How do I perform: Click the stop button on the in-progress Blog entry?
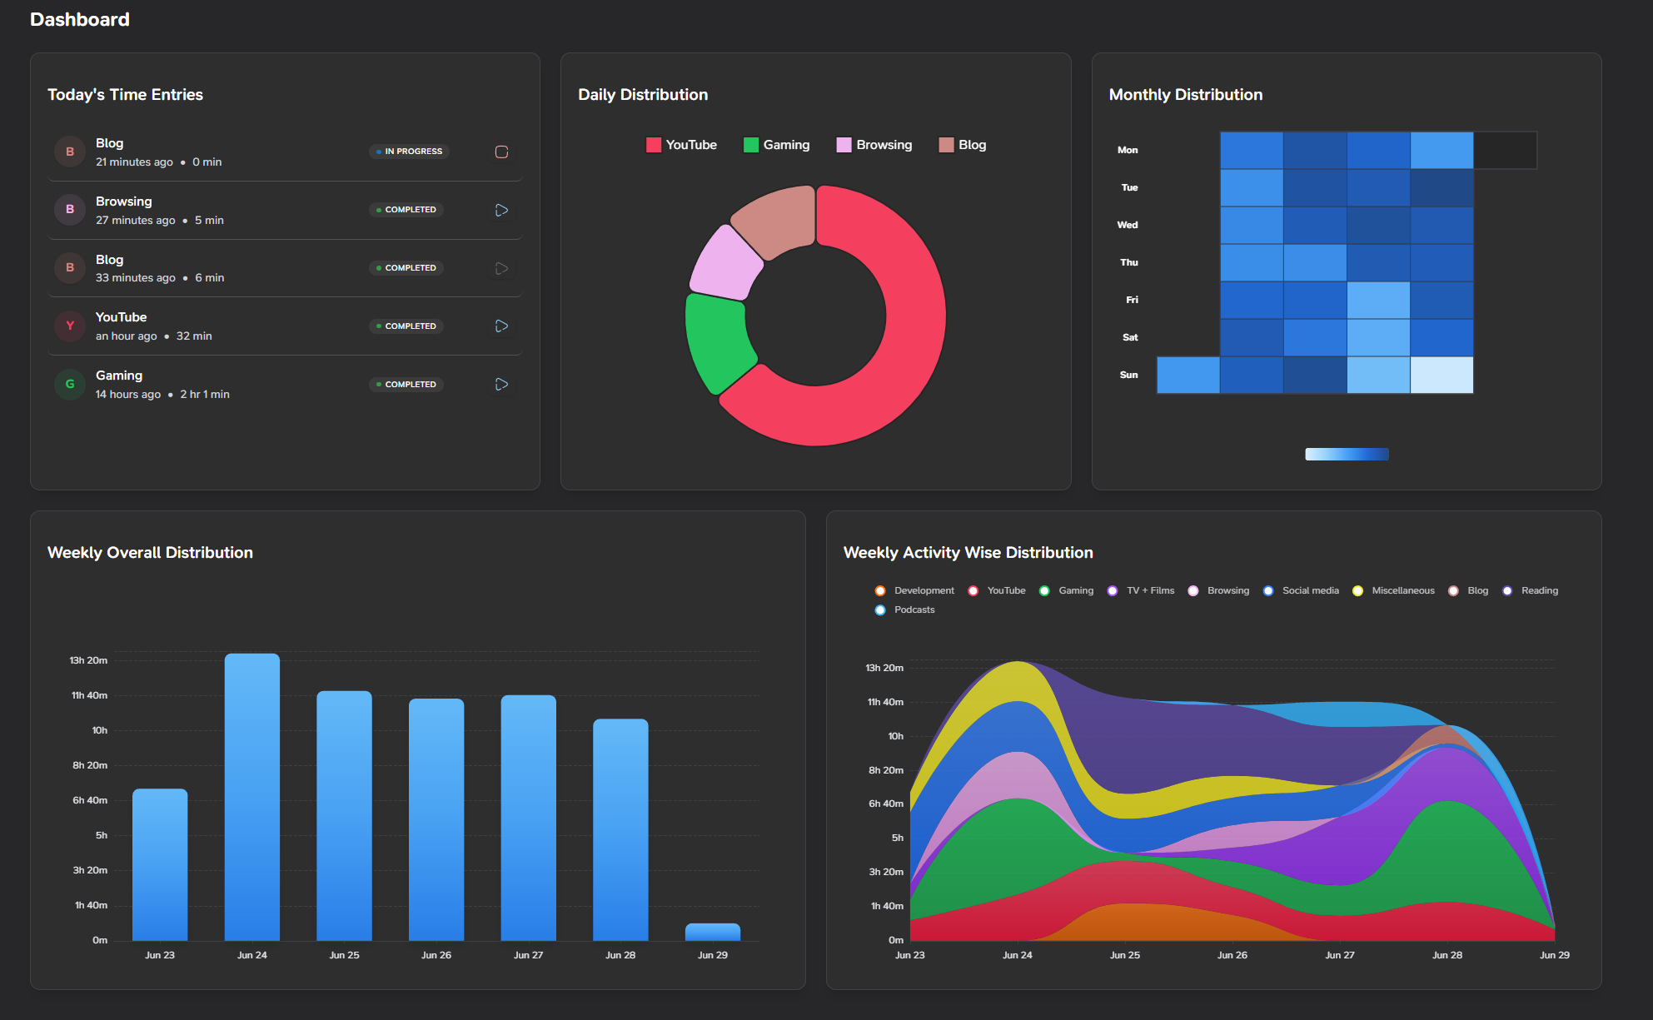(501, 152)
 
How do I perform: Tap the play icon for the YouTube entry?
(501, 326)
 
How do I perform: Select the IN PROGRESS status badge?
(409, 152)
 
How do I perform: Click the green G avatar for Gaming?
(70, 384)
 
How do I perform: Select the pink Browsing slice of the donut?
(724, 263)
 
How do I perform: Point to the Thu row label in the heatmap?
(1128, 262)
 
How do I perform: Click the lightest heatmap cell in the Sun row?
(1441, 375)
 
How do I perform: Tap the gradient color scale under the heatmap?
(1347, 454)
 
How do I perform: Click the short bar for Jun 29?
(713, 932)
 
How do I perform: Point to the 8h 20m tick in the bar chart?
(90, 765)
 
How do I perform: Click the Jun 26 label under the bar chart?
(436, 955)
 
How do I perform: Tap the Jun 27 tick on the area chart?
(1339, 955)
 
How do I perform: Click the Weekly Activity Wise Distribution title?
(968, 553)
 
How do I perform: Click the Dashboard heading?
(80, 19)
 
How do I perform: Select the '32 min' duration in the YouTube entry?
(194, 336)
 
